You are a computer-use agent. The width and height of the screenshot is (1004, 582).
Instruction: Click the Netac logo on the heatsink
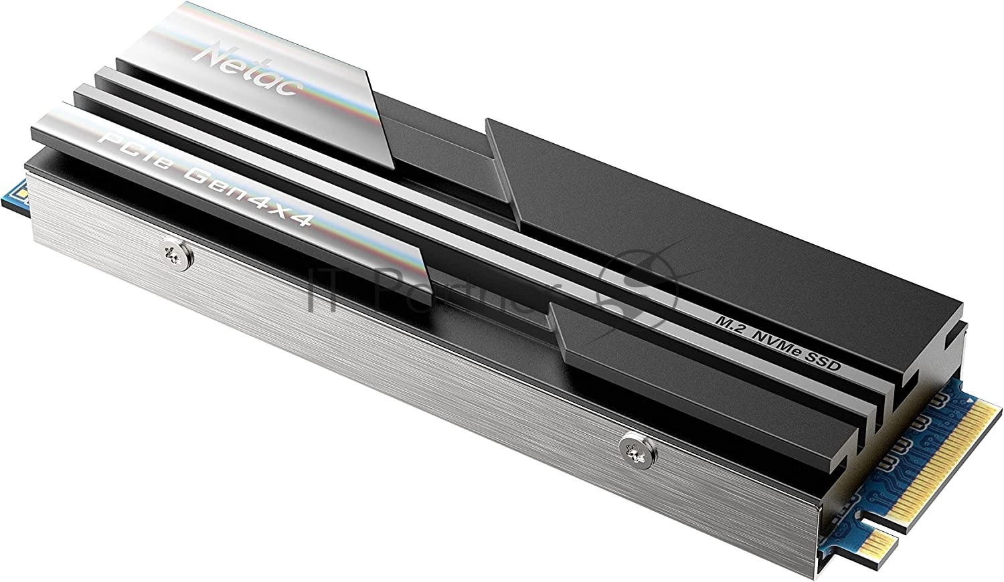tap(246, 69)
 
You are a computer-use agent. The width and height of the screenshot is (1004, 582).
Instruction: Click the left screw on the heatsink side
tap(177, 255)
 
